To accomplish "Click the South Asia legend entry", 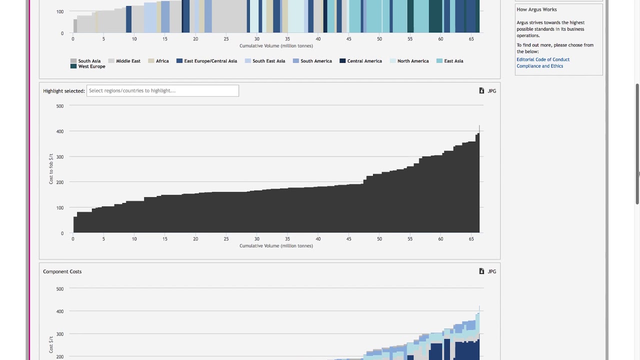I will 86,61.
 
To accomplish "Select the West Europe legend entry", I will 88,66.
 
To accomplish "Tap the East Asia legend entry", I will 450,61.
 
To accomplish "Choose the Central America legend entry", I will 361,61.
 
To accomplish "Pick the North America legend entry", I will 409,61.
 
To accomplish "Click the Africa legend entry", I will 159,61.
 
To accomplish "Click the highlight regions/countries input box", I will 162,90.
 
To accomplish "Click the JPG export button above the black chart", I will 487,91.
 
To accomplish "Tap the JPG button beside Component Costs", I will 487,271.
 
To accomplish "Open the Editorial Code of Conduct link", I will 543,59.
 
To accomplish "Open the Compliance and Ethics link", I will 539,66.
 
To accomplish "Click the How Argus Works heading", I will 536,9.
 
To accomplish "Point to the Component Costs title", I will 62,271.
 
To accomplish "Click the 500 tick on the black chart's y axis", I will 60,106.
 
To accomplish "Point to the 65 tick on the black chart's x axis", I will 471,239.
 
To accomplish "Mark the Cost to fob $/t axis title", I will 51,169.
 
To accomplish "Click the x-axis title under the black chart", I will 276,246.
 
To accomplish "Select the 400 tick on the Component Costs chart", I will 60,311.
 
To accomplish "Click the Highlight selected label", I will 64,91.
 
